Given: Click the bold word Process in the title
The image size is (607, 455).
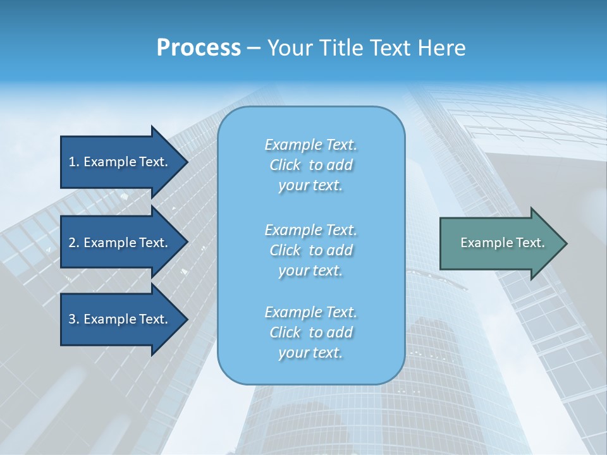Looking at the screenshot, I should click(199, 47).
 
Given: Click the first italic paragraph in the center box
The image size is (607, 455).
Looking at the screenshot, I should click(310, 165).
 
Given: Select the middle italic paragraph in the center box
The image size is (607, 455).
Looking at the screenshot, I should click(310, 250).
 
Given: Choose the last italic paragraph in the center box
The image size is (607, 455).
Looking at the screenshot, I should click(310, 332).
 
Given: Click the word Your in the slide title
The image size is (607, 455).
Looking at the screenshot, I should click(288, 47).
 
